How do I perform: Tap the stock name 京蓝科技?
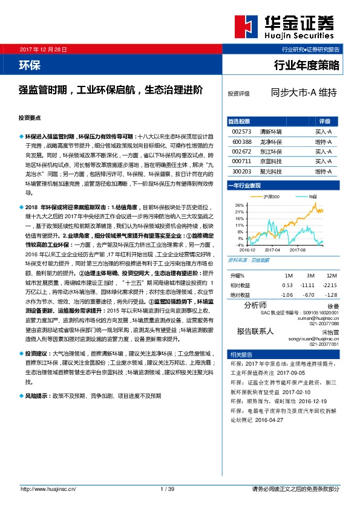270,161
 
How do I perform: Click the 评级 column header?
324,121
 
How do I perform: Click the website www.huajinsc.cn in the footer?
45,488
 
